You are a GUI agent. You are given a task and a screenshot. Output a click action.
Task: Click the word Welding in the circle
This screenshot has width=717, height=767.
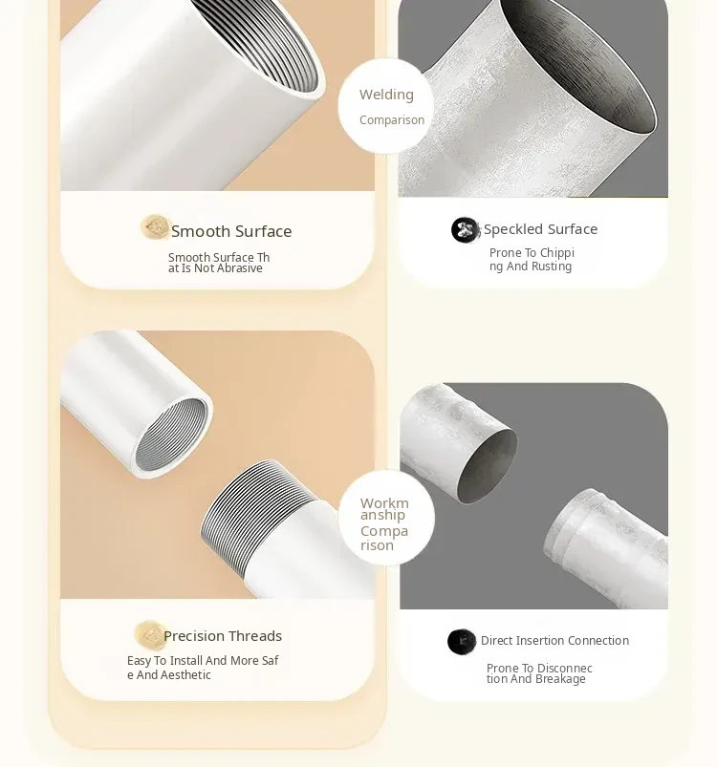click(x=386, y=95)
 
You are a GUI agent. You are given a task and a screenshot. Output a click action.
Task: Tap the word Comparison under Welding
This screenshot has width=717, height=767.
click(x=392, y=119)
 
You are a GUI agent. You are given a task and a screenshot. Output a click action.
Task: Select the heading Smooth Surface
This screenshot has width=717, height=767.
click(x=231, y=231)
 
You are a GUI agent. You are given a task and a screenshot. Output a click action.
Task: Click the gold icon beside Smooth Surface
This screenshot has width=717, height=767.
click(x=155, y=227)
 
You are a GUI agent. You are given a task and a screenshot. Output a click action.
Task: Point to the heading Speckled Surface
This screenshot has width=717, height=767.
click(x=540, y=229)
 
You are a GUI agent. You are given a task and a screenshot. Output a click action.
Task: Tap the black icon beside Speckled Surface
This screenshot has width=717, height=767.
click(x=465, y=230)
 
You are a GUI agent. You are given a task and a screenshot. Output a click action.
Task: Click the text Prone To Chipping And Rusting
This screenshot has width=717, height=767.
click(x=532, y=259)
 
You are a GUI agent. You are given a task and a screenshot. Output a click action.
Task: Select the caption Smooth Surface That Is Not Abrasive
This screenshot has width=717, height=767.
click(x=219, y=263)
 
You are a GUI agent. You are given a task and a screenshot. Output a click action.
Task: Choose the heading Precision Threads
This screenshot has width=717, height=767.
click(x=223, y=636)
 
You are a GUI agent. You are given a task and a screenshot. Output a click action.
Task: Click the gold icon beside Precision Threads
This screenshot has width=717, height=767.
click(x=149, y=635)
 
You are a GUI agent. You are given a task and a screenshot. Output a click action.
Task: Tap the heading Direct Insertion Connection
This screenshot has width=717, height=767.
click(x=554, y=640)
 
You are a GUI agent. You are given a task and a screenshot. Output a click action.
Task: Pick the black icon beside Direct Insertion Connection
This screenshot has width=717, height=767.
click(x=462, y=642)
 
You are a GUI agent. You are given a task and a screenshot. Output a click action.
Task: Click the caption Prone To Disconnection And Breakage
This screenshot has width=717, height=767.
click(x=539, y=673)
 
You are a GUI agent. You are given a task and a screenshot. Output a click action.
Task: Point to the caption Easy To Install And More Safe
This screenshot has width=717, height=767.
click(x=203, y=668)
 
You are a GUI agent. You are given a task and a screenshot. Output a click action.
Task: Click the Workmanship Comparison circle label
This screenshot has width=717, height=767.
click(x=384, y=523)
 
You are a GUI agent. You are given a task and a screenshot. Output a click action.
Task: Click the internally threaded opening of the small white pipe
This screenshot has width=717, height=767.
click(x=170, y=435)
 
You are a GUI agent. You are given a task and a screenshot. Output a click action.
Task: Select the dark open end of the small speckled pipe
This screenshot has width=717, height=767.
click(x=487, y=466)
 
